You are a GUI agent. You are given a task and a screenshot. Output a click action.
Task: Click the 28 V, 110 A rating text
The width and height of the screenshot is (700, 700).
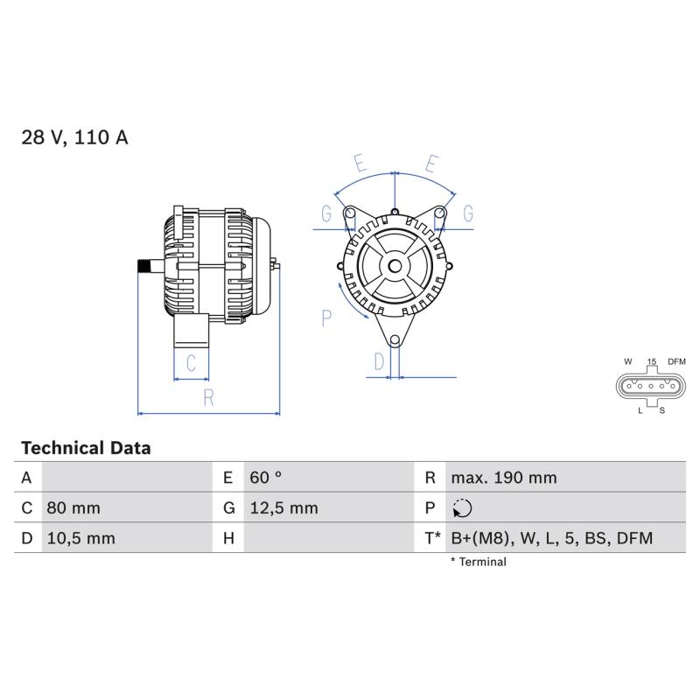coord(74,137)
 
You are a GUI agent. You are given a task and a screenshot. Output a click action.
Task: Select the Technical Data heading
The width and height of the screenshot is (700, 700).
coord(86,448)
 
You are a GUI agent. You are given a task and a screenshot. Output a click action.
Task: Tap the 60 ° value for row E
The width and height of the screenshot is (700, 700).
coord(266,477)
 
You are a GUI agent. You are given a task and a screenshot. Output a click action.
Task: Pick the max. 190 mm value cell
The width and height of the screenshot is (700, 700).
coord(504,478)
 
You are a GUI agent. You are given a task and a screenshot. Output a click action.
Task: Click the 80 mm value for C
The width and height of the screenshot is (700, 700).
coord(73,508)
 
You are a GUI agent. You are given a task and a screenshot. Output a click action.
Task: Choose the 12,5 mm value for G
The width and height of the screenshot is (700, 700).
coord(283,508)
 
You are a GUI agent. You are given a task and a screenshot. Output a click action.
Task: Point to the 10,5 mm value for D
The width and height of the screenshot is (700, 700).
coord(80,538)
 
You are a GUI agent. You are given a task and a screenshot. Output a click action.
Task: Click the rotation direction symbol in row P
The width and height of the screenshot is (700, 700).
coord(462,508)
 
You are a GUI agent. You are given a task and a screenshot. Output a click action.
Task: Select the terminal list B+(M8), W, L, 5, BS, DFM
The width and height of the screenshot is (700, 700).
coord(552,538)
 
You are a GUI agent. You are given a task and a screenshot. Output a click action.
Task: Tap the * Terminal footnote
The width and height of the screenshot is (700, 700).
coord(478,562)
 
